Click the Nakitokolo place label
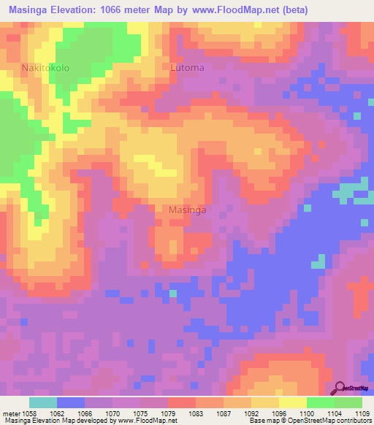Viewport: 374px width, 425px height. click(x=45, y=68)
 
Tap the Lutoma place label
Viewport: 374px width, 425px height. click(x=187, y=68)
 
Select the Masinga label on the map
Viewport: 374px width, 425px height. click(x=187, y=210)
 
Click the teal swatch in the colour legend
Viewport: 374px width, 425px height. click(x=43, y=402)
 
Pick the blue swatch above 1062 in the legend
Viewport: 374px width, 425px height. click(x=71, y=402)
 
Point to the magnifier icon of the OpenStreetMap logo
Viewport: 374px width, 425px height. click(x=340, y=387)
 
